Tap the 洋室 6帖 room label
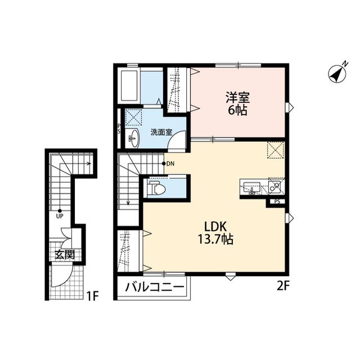[237, 103]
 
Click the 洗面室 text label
[161, 132]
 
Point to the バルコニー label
[155, 287]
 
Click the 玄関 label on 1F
[65, 254]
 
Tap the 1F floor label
[92, 296]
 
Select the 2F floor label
[282, 286]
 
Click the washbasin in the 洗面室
[133, 138]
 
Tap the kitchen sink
[251, 188]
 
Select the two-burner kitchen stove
[276, 186]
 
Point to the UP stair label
[60, 216]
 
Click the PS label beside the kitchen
[277, 202]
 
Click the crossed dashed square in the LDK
[276, 150]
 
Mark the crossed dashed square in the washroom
[133, 117]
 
